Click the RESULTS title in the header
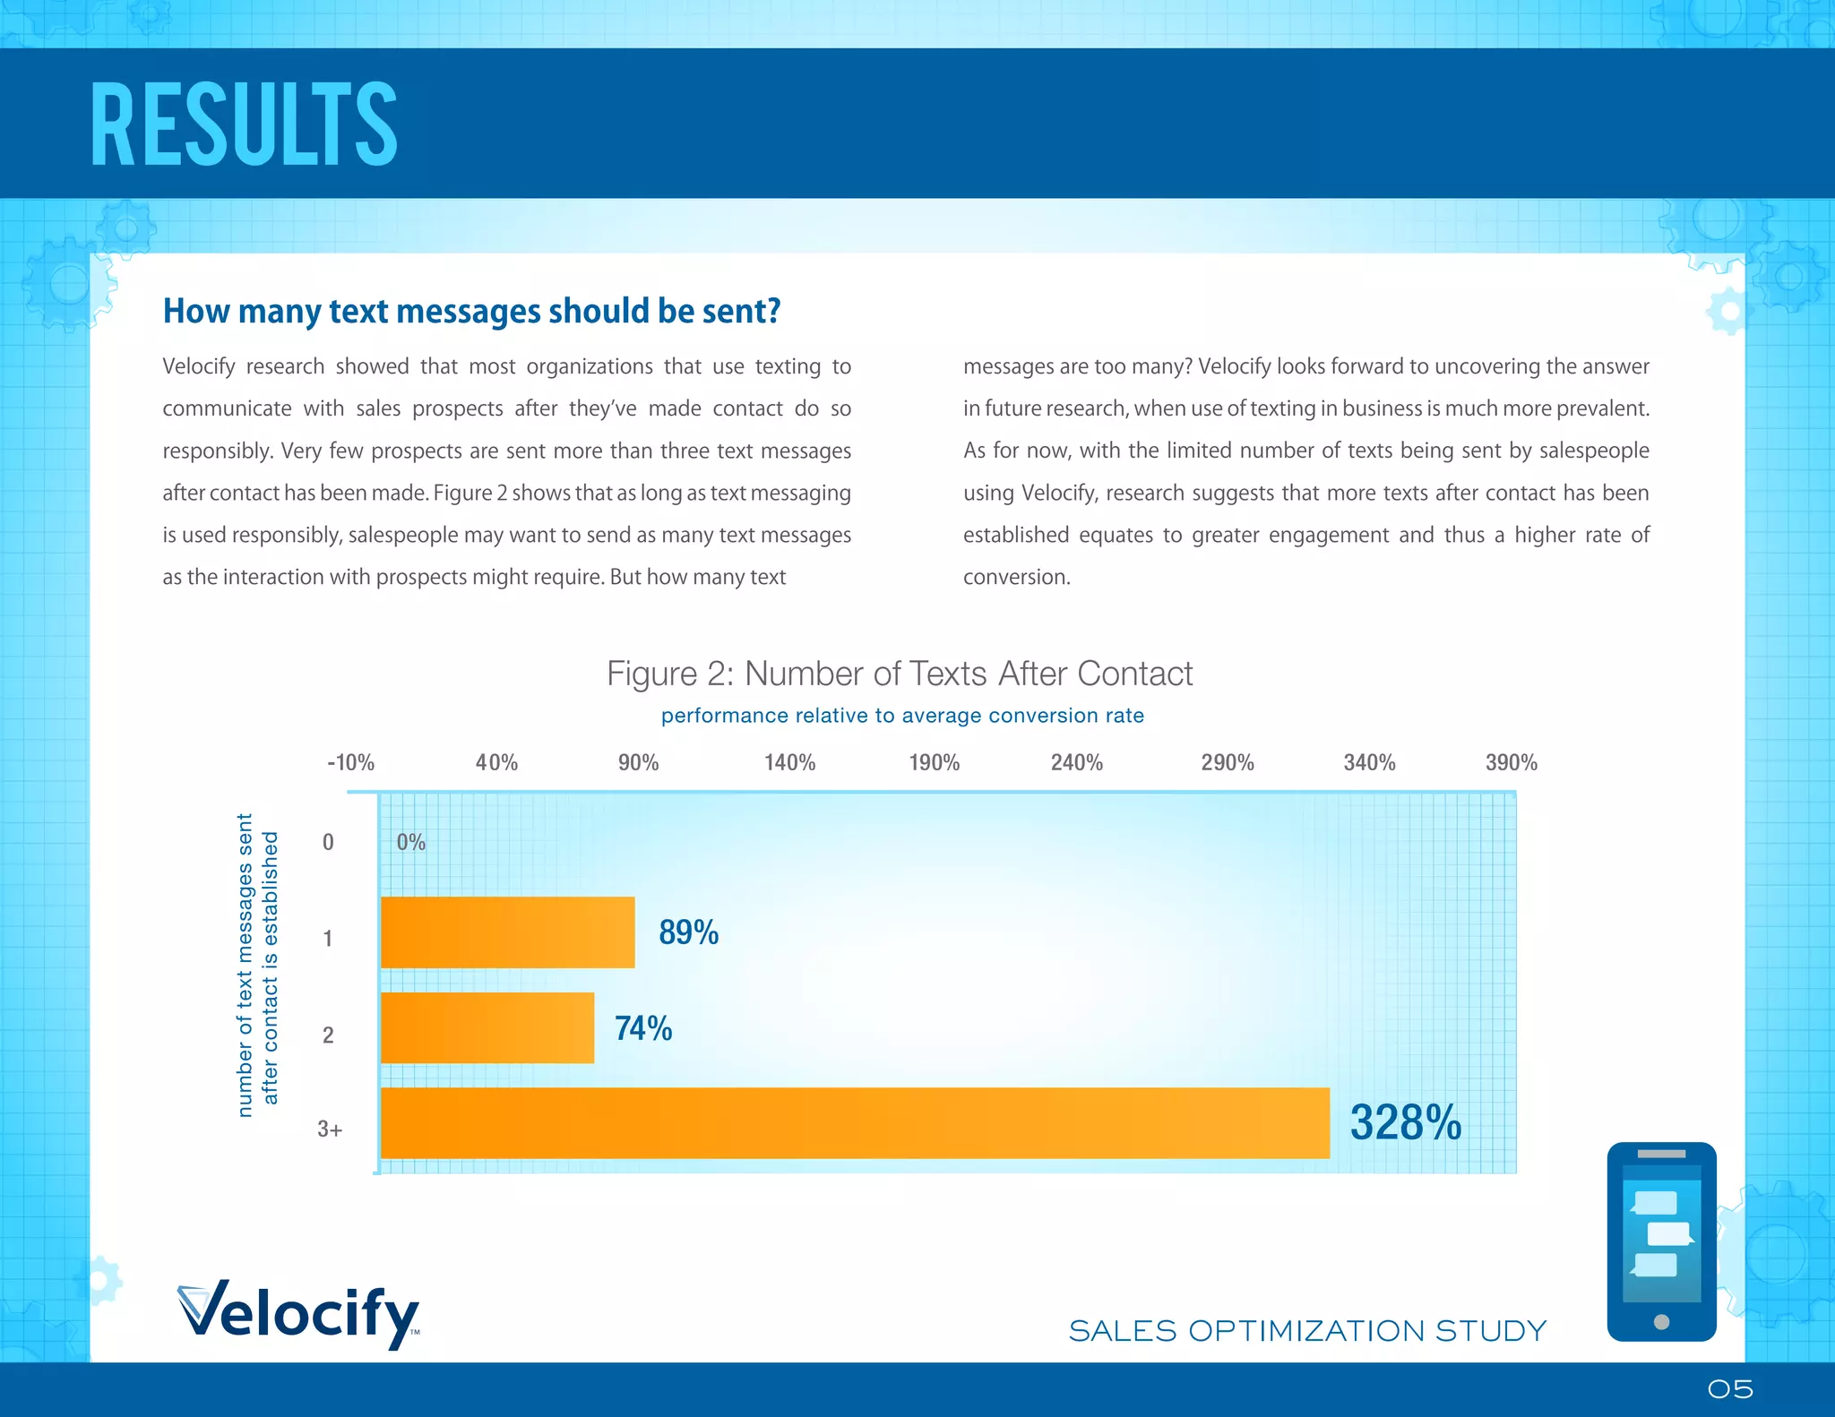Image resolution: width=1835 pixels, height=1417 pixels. tap(244, 125)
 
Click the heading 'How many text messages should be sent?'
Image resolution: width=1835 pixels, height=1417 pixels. tap(471, 312)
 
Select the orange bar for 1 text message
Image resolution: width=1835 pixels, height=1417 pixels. tap(507, 932)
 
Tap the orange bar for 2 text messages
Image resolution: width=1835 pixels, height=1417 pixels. tap(487, 1028)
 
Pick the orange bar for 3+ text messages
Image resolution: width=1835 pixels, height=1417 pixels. tap(855, 1123)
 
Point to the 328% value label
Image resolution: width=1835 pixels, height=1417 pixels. tap(1405, 1123)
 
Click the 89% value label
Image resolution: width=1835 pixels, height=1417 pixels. tap(688, 932)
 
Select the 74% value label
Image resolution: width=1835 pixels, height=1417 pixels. tap(642, 1028)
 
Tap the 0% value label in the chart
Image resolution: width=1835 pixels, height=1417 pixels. tap(410, 842)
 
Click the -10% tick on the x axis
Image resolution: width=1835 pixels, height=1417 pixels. tap(350, 763)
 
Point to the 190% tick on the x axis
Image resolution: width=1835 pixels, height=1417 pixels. tap(934, 763)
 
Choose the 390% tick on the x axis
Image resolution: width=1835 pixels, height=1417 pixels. tap(1511, 763)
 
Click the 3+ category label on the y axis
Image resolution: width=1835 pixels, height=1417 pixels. tap(329, 1129)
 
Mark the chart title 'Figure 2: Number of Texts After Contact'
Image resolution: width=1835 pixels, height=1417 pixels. tap(900, 674)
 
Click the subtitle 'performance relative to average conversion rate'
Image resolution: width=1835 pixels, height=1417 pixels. tap(902, 716)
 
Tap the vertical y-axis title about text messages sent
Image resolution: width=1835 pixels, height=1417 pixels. tap(257, 966)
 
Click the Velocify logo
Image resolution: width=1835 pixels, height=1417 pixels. tap(299, 1314)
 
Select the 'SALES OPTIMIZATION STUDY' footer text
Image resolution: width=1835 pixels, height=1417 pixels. tap(1307, 1331)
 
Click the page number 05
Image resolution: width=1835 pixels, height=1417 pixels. tap(1729, 1389)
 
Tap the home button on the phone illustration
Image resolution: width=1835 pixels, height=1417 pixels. tap(1661, 1321)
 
